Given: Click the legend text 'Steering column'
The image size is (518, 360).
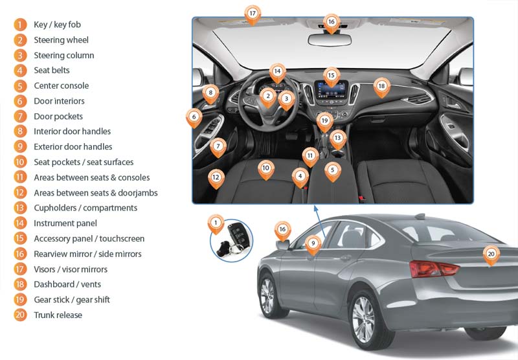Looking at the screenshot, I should (x=63, y=55).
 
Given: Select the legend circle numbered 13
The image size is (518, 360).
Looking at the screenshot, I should (x=21, y=208).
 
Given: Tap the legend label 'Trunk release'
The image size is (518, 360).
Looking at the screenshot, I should (x=58, y=315).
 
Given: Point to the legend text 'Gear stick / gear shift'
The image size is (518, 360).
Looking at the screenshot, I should (x=72, y=300).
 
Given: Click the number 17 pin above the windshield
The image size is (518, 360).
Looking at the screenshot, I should (x=253, y=13).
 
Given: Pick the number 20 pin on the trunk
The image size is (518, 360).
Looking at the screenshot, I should (x=491, y=254).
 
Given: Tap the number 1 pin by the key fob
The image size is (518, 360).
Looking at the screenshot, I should (x=216, y=223).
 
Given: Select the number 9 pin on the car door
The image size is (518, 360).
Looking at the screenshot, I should (x=313, y=243).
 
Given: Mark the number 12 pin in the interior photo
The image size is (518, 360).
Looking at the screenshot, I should (x=216, y=176).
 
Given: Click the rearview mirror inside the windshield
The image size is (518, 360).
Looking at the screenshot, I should (x=330, y=39).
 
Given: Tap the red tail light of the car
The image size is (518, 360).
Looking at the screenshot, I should (x=428, y=268).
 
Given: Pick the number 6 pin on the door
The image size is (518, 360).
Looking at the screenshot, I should (x=194, y=118).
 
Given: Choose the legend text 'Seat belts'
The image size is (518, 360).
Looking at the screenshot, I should (x=52, y=70).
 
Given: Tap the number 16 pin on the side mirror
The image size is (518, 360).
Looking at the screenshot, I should (x=282, y=229).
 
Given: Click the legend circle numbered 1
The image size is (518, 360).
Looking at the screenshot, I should (x=21, y=25).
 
